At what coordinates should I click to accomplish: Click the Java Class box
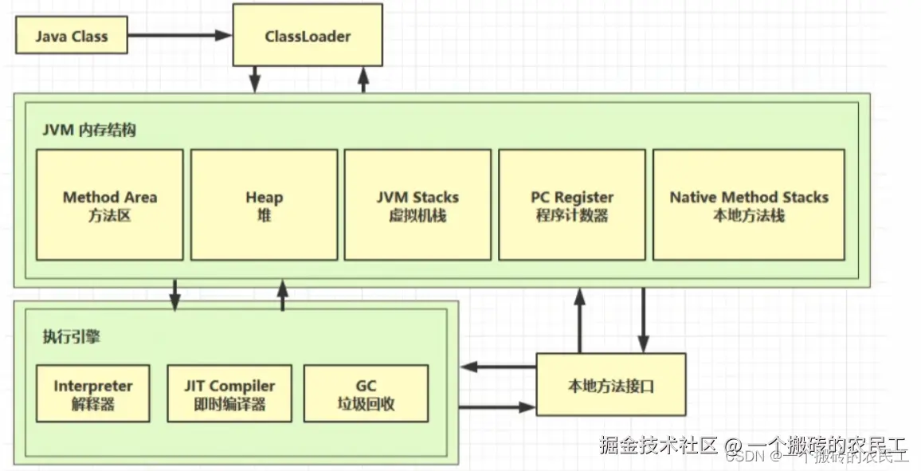[x=71, y=37]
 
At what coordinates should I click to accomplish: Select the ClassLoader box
[x=307, y=36]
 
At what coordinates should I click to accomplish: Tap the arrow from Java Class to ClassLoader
[x=179, y=36]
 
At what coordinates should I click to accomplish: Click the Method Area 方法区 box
[x=109, y=205]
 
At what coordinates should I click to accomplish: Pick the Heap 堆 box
[x=264, y=205]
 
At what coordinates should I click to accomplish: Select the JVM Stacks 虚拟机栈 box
[x=417, y=205]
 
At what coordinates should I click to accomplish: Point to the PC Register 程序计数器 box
[x=571, y=205]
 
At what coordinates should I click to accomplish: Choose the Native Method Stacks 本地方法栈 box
[x=748, y=205]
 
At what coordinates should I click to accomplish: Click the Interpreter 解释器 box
[x=92, y=394]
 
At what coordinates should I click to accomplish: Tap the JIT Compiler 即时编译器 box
[x=229, y=394]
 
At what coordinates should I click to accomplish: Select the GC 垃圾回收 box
[x=366, y=394]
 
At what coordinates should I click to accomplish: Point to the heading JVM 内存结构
[x=89, y=130]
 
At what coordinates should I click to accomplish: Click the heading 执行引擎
[x=71, y=336]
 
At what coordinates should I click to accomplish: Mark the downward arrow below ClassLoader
[x=255, y=79]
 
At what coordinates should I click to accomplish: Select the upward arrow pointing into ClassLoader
[x=363, y=79]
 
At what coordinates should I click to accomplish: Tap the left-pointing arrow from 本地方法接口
[x=499, y=367]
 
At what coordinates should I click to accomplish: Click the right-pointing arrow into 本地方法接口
[x=499, y=407]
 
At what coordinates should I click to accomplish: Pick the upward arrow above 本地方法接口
[x=580, y=319]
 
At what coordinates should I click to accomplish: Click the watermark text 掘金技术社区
[x=659, y=444]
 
